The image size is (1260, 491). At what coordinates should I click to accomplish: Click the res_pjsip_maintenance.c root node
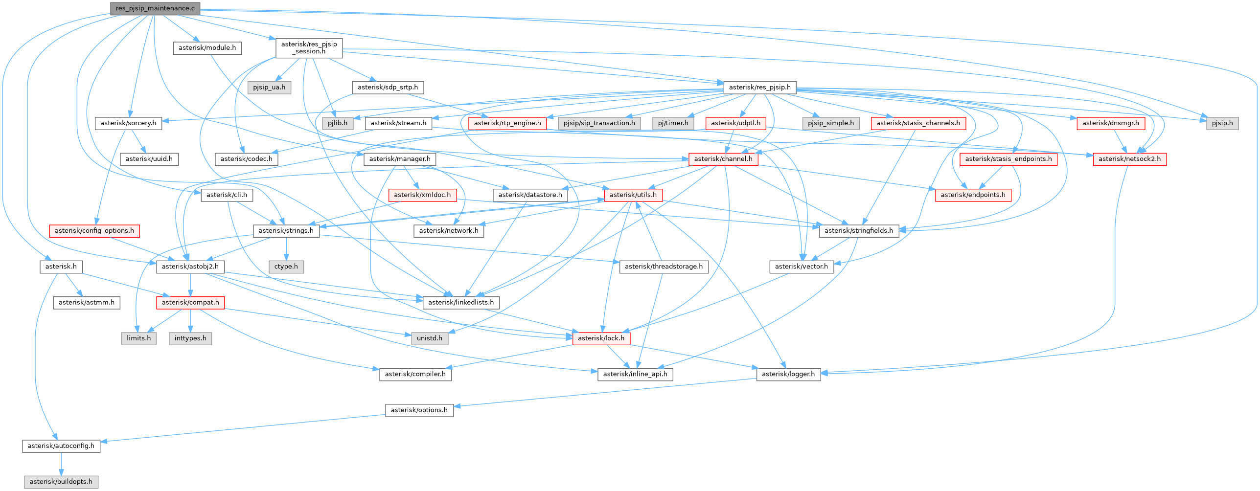155,8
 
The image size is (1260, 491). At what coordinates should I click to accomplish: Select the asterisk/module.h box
207,48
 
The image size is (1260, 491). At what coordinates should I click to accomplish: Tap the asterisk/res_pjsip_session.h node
309,48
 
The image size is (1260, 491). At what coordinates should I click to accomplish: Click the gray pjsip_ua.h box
269,88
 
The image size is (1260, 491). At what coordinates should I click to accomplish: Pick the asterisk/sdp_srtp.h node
388,88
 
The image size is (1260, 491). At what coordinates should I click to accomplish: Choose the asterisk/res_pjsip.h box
759,88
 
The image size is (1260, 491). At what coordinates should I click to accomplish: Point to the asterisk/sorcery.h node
128,123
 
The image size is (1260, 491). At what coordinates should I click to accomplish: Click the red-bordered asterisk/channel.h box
723,159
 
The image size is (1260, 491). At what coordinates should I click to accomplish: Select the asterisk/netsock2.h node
1129,159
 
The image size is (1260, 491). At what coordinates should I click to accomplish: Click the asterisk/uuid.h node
149,159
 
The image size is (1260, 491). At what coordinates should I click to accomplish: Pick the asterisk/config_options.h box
94,231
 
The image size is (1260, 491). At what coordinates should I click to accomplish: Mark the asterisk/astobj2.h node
190,267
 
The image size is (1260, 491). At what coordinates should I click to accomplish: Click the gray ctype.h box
286,267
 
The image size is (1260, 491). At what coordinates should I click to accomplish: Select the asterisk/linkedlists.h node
461,302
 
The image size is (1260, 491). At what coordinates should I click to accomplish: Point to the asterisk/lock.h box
601,338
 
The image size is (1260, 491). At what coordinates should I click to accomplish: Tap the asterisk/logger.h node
788,374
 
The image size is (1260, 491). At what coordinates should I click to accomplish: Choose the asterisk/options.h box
419,410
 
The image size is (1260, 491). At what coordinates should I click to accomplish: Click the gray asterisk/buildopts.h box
61,482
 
